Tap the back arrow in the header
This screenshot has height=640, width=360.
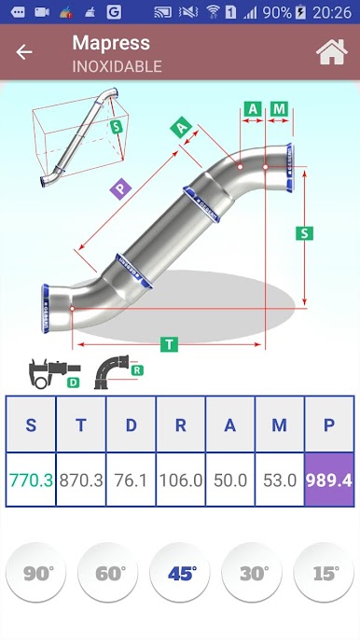(x=23, y=52)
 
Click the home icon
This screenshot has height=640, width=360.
(x=332, y=52)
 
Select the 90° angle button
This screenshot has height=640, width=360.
(x=36, y=572)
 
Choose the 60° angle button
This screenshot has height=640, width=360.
(x=108, y=572)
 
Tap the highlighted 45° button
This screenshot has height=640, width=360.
(x=180, y=572)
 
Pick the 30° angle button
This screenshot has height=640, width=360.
(x=252, y=572)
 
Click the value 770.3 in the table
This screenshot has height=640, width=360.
(x=31, y=480)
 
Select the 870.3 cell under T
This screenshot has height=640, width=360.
(x=81, y=480)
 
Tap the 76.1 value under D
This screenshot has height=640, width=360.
(x=131, y=480)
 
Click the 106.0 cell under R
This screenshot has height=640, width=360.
(x=181, y=480)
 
